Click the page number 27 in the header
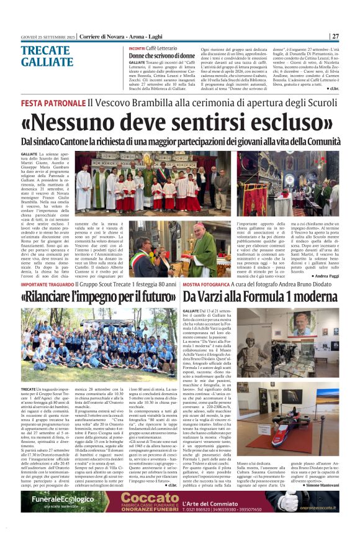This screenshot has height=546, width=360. click(335, 35)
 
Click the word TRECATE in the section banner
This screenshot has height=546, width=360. click(42, 52)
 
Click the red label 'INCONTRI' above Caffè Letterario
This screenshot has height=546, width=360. click(138, 48)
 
